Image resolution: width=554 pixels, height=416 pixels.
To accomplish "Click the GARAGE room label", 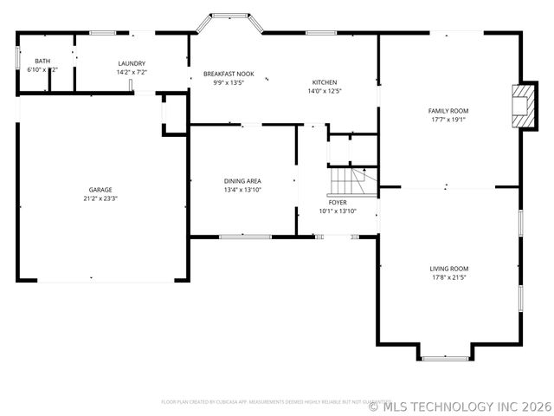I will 100,190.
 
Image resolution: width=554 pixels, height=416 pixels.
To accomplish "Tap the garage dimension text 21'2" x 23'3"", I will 100,198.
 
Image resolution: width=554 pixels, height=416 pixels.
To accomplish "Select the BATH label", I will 42,61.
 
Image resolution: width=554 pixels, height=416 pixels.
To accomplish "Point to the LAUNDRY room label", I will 132,63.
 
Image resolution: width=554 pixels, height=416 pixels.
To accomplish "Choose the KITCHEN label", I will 325,82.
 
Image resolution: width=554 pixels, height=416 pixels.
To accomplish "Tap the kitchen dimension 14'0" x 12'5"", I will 325,91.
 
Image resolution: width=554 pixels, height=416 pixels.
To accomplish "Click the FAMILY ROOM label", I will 448,111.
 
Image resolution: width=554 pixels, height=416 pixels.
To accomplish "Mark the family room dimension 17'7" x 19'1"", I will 448,120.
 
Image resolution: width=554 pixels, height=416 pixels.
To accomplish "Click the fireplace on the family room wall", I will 522,105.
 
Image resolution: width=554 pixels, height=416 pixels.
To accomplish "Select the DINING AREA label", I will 242,180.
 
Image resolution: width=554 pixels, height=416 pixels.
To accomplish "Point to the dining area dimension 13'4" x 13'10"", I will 242,189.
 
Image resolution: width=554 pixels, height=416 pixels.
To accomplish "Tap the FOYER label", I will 337,202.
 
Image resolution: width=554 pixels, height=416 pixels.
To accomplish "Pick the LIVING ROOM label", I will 449,269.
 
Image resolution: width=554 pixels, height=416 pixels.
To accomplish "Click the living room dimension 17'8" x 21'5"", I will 449,277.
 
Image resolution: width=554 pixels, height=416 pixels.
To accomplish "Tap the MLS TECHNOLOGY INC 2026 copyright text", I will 461,405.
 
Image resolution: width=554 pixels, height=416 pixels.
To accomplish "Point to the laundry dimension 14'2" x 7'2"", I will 132,72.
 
